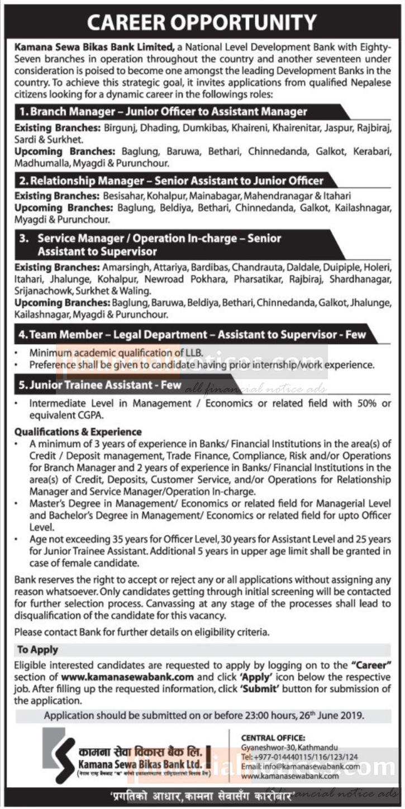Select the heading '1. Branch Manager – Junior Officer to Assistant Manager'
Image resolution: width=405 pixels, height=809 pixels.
[x=163, y=111]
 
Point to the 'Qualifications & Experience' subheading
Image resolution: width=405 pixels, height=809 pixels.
[x=78, y=432]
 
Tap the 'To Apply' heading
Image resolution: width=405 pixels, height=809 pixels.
[x=37, y=650]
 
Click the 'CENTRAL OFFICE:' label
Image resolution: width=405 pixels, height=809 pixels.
[x=273, y=737]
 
